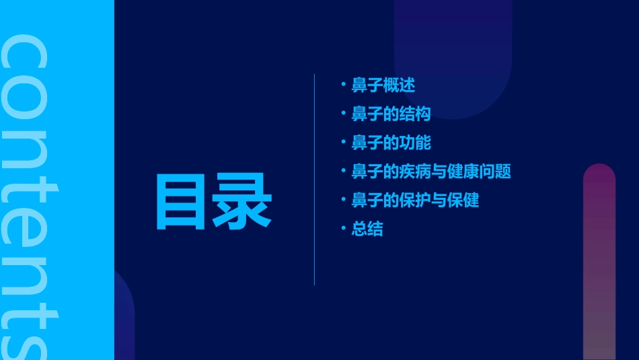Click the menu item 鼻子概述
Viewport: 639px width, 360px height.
point(383,85)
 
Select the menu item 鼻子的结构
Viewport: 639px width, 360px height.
point(391,114)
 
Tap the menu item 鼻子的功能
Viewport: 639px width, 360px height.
point(391,143)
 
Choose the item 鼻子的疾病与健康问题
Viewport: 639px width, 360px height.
point(431,172)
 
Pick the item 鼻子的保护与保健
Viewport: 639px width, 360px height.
point(415,201)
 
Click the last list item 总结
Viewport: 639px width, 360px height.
point(367,229)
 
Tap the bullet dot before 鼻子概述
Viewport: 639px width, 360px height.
point(343,84)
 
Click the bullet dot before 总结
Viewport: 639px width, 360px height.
point(343,228)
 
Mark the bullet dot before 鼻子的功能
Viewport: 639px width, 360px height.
point(343,141)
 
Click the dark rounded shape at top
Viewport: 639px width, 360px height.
point(453,54)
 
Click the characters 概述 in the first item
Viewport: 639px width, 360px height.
point(399,85)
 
